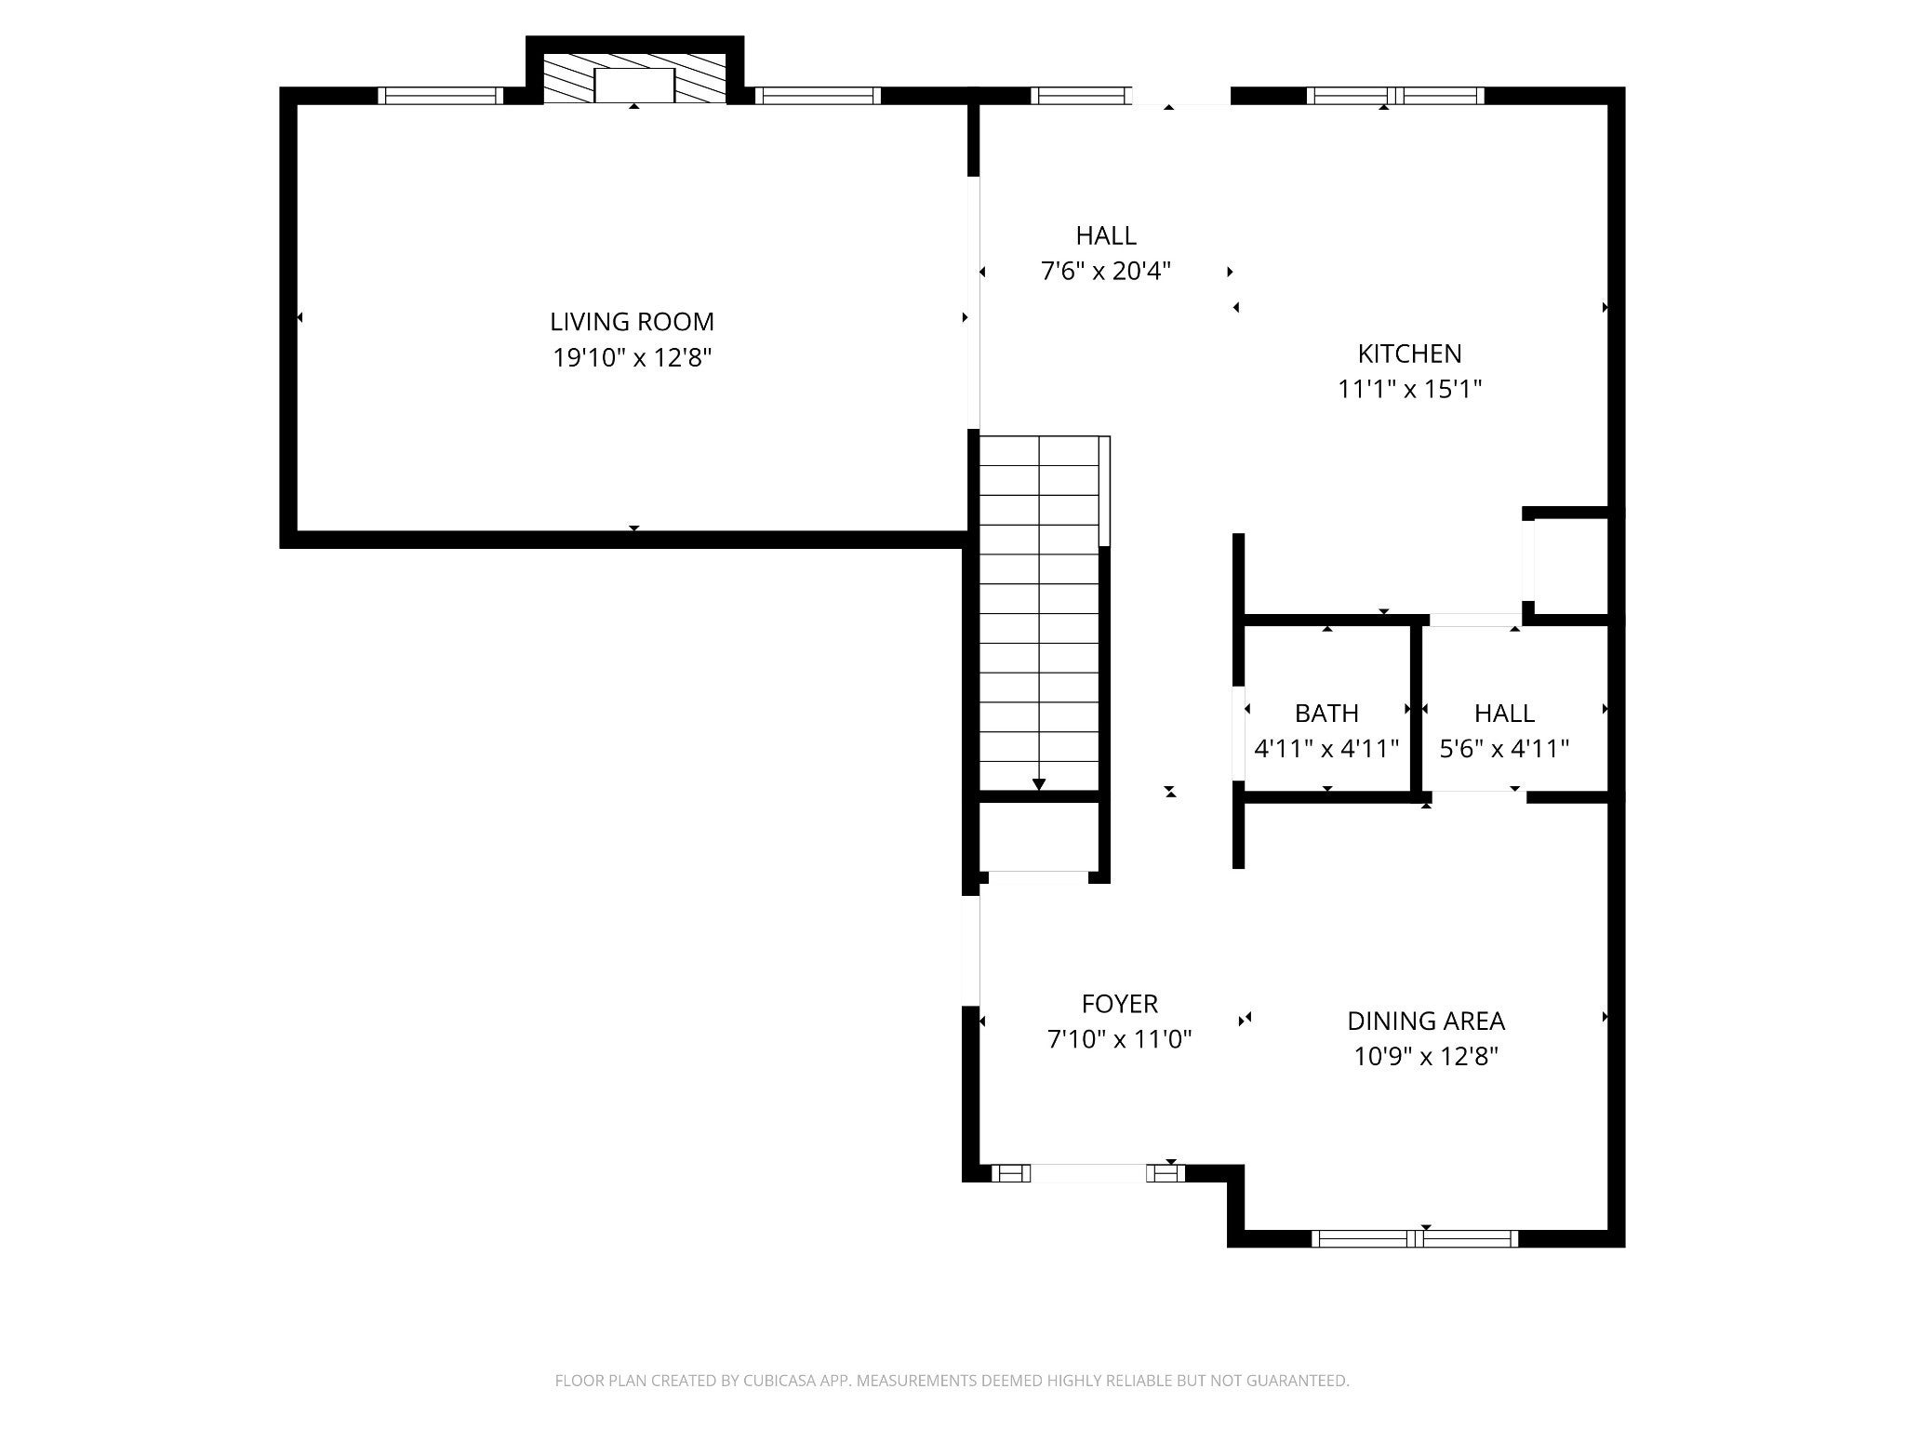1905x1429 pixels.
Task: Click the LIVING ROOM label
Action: [632, 322]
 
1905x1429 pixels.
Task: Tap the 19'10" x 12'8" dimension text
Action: [633, 358]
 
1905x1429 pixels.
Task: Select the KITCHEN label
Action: [1409, 354]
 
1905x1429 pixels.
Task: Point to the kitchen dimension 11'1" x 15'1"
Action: [1409, 389]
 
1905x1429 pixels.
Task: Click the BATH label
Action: [1326, 714]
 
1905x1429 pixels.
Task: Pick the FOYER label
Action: [1120, 1004]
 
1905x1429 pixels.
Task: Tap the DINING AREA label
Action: [1426, 1021]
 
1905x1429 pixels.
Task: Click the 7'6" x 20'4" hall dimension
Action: [1106, 272]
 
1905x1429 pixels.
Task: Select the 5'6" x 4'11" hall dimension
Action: [1504, 749]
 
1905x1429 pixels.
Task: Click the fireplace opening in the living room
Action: [634, 85]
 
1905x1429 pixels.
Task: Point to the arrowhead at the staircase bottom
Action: [1039, 785]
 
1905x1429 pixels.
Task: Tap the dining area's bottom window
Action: [1415, 1238]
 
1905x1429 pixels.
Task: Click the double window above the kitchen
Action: [1395, 95]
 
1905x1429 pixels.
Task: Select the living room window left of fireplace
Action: [440, 95]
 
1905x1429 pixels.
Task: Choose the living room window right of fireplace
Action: [818, 95]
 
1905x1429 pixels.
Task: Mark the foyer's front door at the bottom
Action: [1088, 1173]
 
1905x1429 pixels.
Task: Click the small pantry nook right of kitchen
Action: [1571, 566]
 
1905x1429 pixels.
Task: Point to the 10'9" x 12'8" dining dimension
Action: [1426, 1057]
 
